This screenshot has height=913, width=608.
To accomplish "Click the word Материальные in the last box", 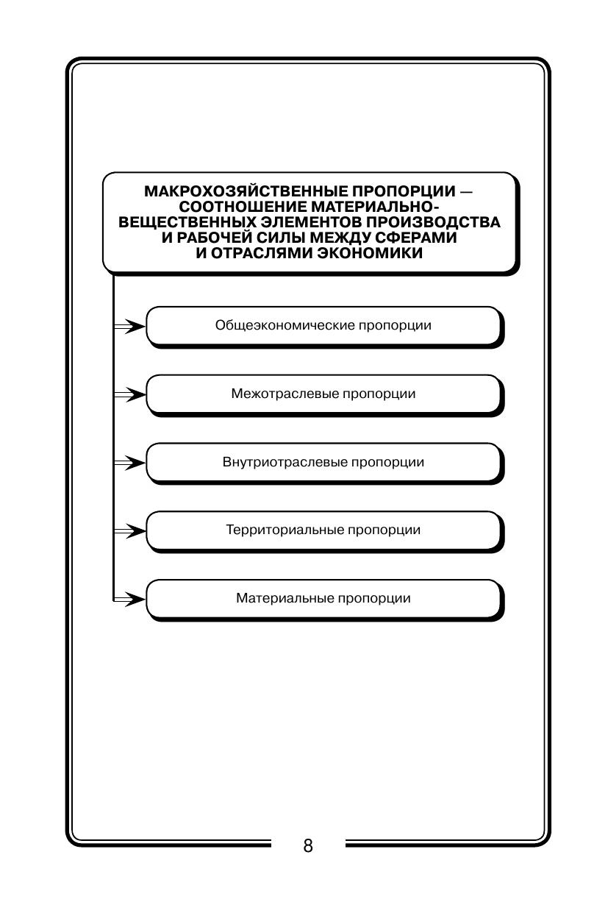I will (x=285, y=598).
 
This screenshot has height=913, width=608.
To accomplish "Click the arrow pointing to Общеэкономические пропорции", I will (x=130, y=326).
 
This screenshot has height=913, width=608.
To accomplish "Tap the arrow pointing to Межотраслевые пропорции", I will (x=130, y=394).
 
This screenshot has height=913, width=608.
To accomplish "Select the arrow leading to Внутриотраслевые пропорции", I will (x=130, y=463).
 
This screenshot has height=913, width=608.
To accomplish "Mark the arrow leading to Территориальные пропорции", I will (x=130, y=530).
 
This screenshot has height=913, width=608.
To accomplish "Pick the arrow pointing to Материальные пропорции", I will (x=130, y=599).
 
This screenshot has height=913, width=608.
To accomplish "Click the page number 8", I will (x=308, y=845).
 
